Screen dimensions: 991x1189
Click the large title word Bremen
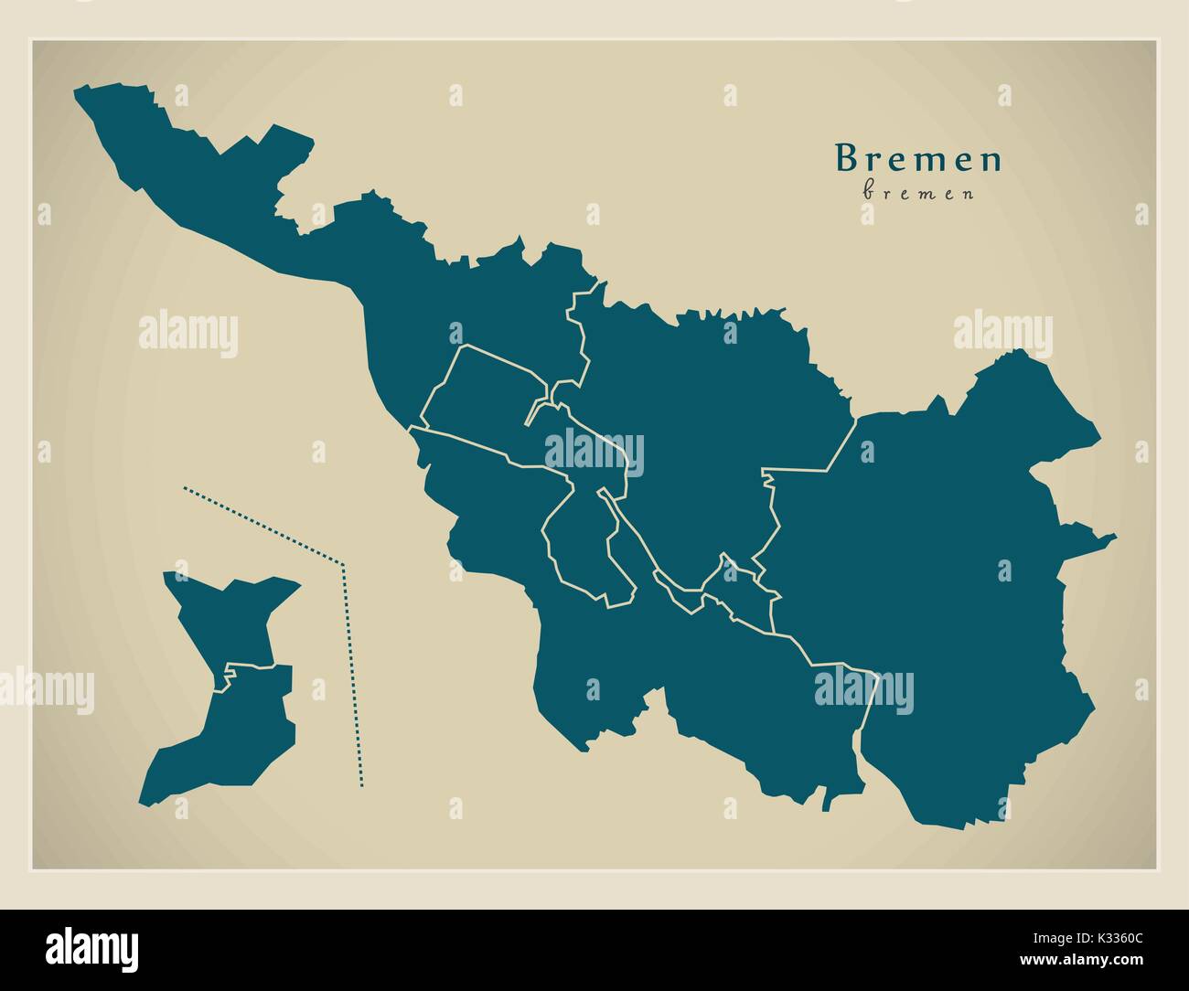click(x=918, y=159)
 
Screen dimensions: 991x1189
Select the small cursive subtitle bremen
click(x=918, y=193)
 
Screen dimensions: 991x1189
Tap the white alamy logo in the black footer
click(x=92, y=946)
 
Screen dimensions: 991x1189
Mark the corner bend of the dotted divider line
click(x=342, y=564)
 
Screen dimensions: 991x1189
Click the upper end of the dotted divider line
click(x=185, y=488)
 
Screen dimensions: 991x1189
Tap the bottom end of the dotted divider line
click(x=362, y=783)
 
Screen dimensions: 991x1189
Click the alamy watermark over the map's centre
click(x=594, y=453)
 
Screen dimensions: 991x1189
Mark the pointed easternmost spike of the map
click(x=1114, y=538)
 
